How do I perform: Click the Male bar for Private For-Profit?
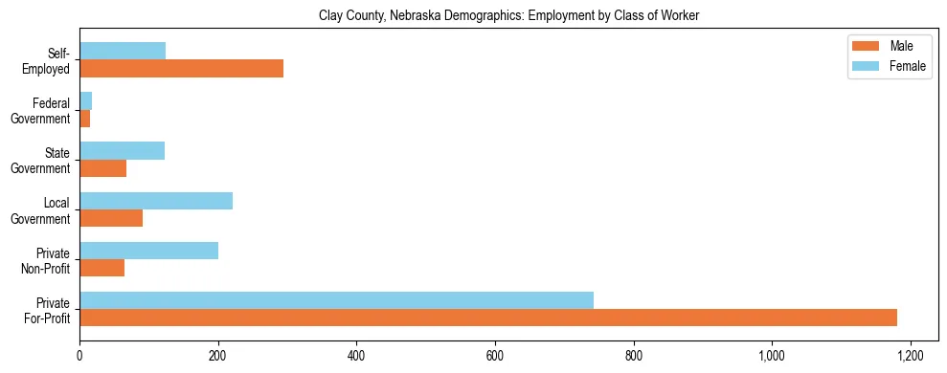coord(488,318)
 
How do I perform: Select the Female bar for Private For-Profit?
coord(336,300)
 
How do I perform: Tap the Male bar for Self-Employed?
coord(181,69)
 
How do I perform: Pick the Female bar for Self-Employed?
coord(123,51)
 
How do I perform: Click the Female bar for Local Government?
coord(156,201)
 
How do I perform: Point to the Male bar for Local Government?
coord(111,218)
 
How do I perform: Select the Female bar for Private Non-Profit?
coord(148,251)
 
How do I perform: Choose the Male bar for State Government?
coord(102,168)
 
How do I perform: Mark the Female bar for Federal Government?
coord(85,100)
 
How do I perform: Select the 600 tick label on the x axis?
coord(495,355)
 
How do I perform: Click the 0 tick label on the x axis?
coord(79,355)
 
